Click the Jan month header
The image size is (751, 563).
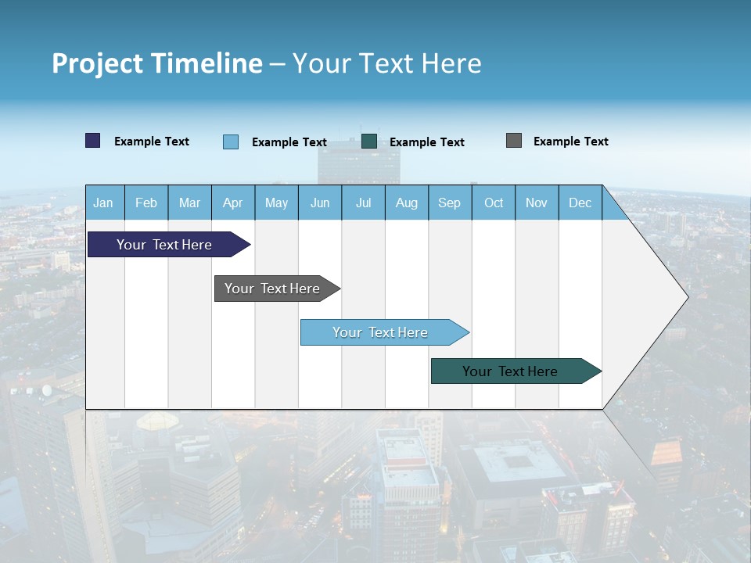pos(103,203)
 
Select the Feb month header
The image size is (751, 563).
pos(146,203)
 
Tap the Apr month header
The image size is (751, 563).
pos(233,203)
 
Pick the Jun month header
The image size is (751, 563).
pos(320,203)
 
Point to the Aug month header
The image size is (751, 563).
pos(407,203)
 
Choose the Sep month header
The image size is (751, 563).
pos(450,203)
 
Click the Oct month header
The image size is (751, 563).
pos(494,203)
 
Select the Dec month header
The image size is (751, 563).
pos(580,203)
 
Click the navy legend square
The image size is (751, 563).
pos(93,141)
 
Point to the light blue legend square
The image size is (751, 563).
pos(231,142)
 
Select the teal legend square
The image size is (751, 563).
pos(369,142)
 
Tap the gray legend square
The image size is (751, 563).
pos(514,141)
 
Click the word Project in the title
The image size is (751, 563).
pos(97,63)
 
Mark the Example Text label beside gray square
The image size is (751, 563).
pos(571,142)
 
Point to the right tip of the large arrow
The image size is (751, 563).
pos(687,296)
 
